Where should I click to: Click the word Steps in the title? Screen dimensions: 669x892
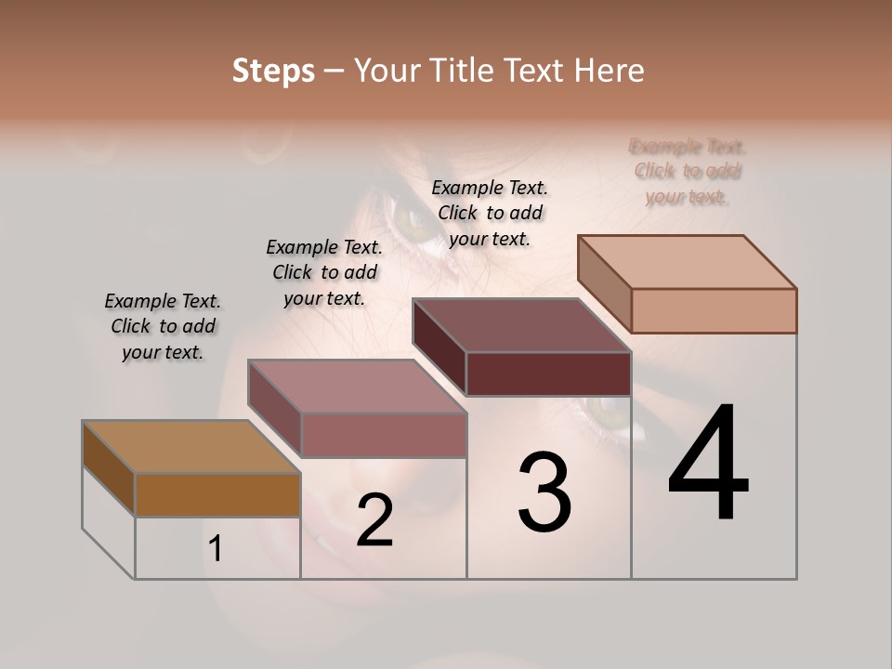click(273, 71)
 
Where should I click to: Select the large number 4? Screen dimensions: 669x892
click(708, 464)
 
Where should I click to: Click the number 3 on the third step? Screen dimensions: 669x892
click(544, 492)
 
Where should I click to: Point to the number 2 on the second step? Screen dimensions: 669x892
click(374, 520)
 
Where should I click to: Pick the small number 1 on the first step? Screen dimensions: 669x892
click(216, 548)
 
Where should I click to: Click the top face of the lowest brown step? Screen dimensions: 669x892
click(190, 447)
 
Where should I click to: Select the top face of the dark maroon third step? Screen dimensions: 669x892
click(521, 325)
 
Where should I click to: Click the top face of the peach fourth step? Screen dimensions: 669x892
click(687, 262)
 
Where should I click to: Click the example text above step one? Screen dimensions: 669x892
click(163, 326)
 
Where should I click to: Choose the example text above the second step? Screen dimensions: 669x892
click(324, 272)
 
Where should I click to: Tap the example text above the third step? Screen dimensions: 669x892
click(490, 213)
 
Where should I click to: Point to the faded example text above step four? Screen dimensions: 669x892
click(688, 171)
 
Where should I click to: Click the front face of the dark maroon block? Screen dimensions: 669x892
click(548, 374)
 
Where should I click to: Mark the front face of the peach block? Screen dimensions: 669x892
click(714, 310)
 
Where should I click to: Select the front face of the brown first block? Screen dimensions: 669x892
click(217, 494)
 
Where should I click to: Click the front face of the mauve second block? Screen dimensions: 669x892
click(383, 435)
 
